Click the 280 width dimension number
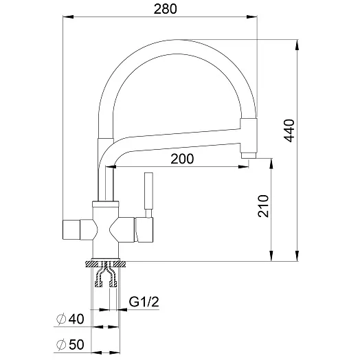pos(166,9)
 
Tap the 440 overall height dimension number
pos(289,131)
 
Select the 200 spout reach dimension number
pos(182,159)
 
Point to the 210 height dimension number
pos(263,206)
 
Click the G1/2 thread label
pos(144,302)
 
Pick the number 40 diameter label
pos(76,319)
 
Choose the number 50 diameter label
pos(76,345)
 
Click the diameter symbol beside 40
pos(61,319)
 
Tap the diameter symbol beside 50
pos(61,345)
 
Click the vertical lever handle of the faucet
pos(148,191)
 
